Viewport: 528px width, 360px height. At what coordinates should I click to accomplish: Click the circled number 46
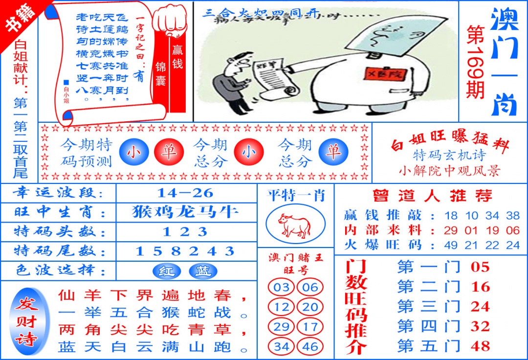click(x=310, y=347)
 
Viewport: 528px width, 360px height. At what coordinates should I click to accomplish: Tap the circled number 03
click(x=281, y=287)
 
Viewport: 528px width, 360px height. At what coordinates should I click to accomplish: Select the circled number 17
click(x=310, y=327)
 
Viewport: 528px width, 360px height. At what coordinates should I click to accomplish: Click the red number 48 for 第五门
click(x=480, y=346)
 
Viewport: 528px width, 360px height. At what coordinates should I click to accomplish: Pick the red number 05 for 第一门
click(x=480, y=267)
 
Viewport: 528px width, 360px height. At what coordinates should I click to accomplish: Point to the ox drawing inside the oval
click(x=295, y=225)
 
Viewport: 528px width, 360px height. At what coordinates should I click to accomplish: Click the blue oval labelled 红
click(x=166, y=271)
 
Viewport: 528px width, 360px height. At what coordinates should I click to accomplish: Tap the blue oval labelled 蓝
click(x=203, y=271)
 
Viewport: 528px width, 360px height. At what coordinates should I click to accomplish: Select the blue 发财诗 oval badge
click(x=26, y=321)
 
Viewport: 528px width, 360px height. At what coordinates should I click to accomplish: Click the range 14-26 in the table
click(x=186, y=192)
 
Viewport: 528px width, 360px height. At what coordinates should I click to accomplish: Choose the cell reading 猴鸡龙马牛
click(x=186, y=212)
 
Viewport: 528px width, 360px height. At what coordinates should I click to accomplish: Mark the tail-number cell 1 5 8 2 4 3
click(x=186, y=251)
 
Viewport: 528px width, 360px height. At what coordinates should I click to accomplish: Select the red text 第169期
click(x=475, y=61)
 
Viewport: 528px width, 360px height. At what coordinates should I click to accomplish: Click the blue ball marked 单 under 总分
click(x=333, y=153)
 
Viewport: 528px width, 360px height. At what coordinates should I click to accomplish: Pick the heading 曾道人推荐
click(x=432, y=196)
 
